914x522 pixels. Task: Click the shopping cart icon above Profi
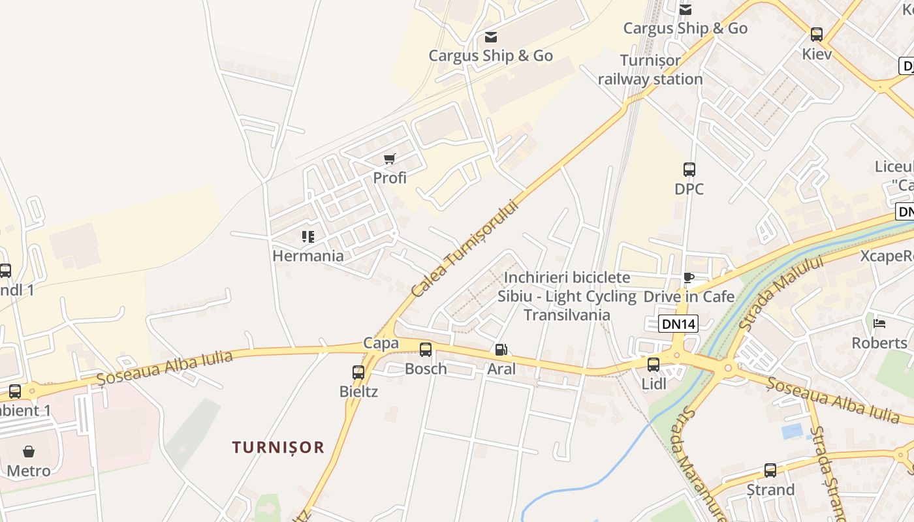[x=390, y=159]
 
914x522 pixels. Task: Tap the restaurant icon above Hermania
[x=307, y=236]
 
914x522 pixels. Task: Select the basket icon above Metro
[x=29, y=452]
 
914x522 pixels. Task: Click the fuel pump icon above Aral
[x=500, y=350]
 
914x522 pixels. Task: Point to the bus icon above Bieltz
[x=358, y=373]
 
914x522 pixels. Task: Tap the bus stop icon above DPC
[x=689, y=170]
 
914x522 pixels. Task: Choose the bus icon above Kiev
[x=816, y=35]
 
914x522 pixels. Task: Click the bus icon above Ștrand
[x=770, y=470]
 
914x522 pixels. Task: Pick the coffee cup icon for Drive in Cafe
[x=688, y=278]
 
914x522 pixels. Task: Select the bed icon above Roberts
[x=879, y=324]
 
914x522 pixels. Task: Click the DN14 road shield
[x=678, y=324]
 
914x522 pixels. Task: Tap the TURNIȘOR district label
[x=278, y=447]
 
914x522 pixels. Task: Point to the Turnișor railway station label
[x=650, y=70]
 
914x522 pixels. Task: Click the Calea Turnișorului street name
[x=464, y=249]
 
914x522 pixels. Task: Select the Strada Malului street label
[x=780, y=293]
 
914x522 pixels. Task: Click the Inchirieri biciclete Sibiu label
[x=567, y=296]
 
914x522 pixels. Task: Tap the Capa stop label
[x=381, y=343]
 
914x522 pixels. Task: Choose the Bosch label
[x=426, y=369]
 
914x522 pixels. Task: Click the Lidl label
[x=654, y=384]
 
